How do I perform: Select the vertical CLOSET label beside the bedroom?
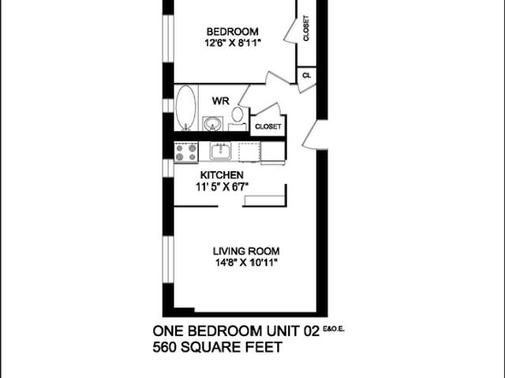pos(306,28)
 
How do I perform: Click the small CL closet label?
pos(306,76)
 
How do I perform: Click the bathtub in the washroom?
pos(185,108)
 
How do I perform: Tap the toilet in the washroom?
pos(238,115)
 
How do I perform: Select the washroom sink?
pos(211,123)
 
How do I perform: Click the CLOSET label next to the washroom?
pos(267,126)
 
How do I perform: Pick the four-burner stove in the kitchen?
pos(185,152)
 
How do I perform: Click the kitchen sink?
pos(220,151)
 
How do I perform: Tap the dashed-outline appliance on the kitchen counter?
pos(249,152)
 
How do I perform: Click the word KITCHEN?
pos(221,175)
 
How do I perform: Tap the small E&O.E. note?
pos(335,328)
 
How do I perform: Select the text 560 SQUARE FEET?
pos(216,347)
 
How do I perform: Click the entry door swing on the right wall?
pos(315,136)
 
